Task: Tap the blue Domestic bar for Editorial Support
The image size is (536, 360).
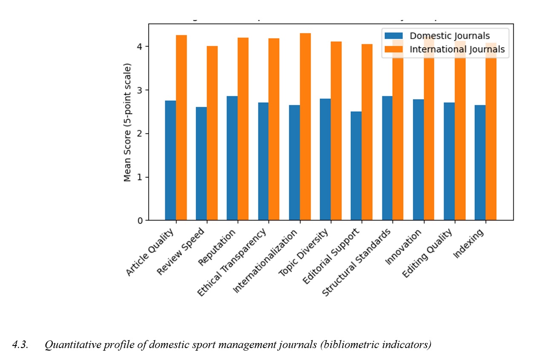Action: pyautogui.click(x=356, y=166)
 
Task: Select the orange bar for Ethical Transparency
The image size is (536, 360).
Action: pyautogui.click(x=274, y=129)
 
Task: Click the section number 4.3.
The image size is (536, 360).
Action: pyautogui.click(x=20, y=345)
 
